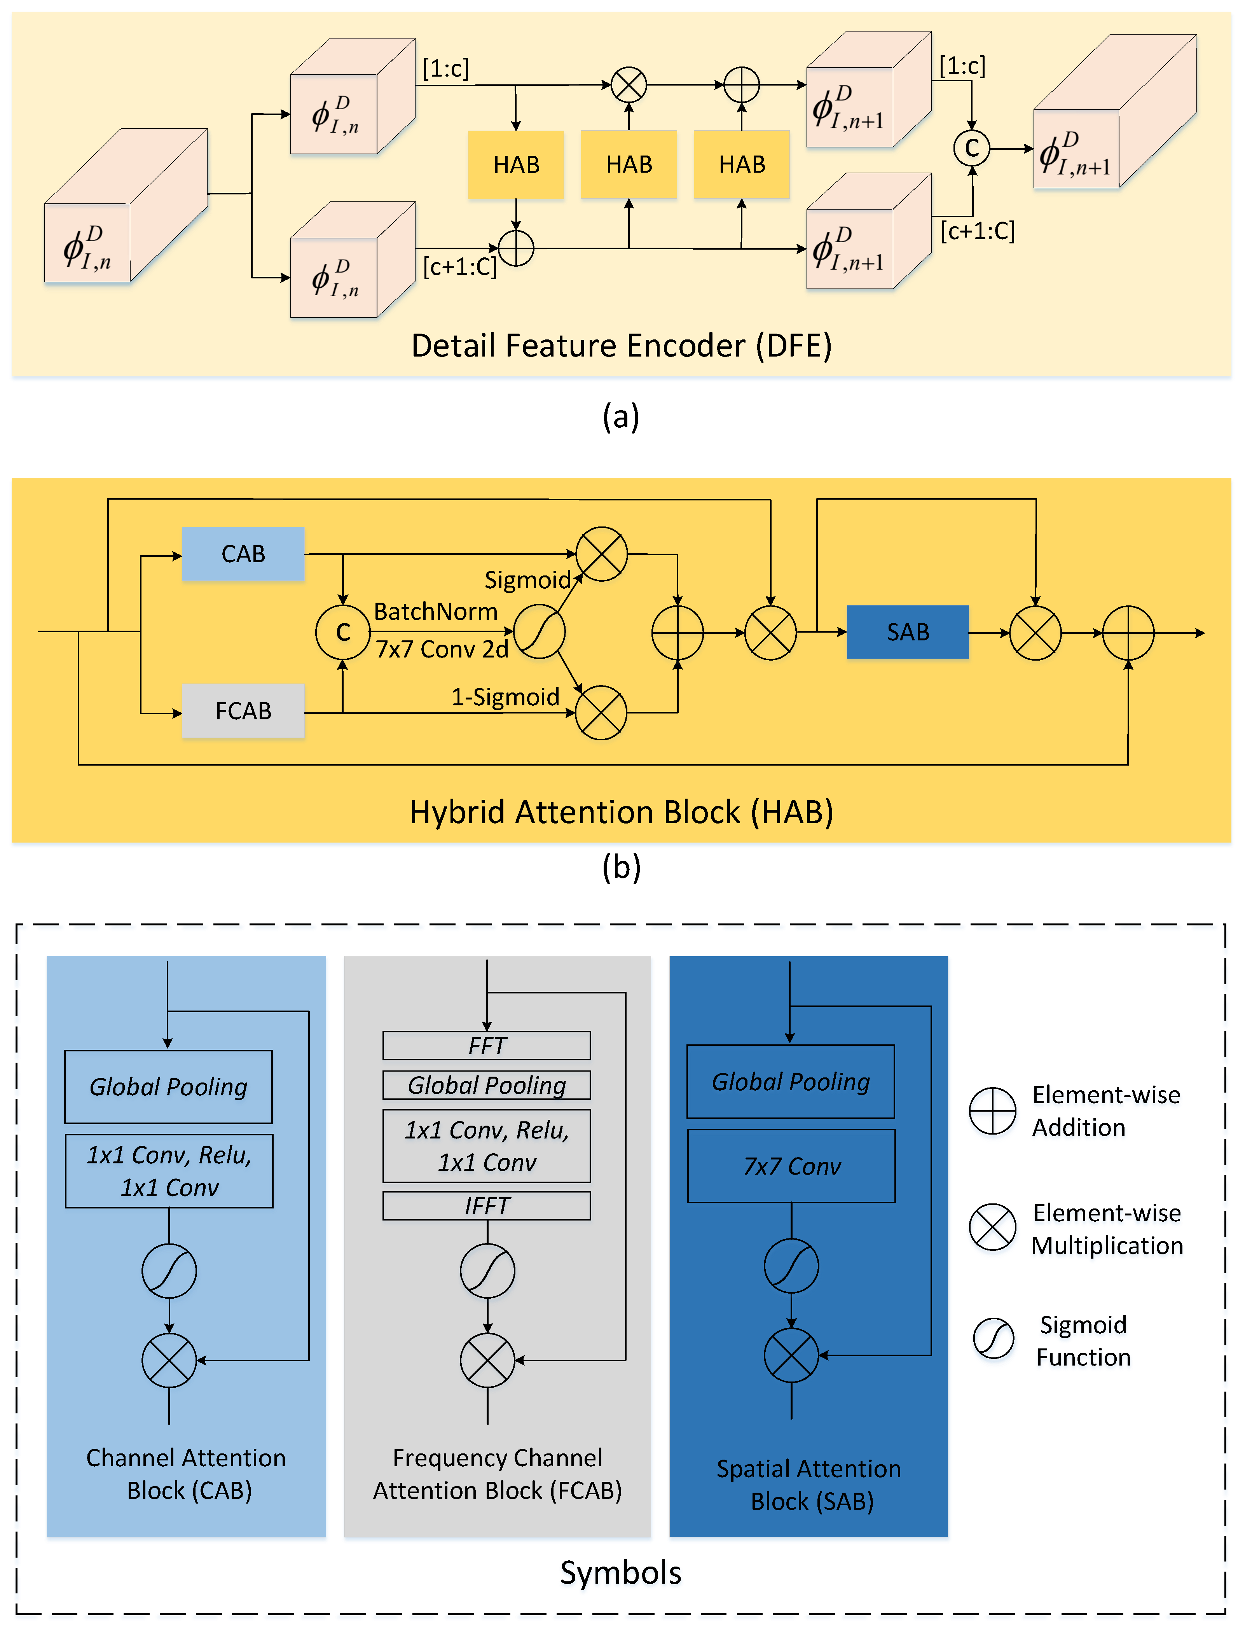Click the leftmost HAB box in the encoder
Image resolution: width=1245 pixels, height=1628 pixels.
(516, 164)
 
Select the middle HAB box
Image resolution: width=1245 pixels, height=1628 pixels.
(629, 164)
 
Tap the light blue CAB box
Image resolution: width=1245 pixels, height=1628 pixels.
(243, 554)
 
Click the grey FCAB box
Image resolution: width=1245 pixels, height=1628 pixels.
(243, 711)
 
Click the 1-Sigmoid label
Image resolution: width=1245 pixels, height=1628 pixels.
(505, 697)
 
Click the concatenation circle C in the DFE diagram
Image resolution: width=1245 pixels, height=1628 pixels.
(971, 148)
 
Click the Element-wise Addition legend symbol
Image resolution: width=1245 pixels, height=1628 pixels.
(992, 1110)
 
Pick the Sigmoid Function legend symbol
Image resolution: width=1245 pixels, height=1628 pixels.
(993, 1339)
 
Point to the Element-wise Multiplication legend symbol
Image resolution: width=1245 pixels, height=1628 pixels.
(992, 1227)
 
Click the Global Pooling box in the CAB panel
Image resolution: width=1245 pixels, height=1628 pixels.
(168, 1087)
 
